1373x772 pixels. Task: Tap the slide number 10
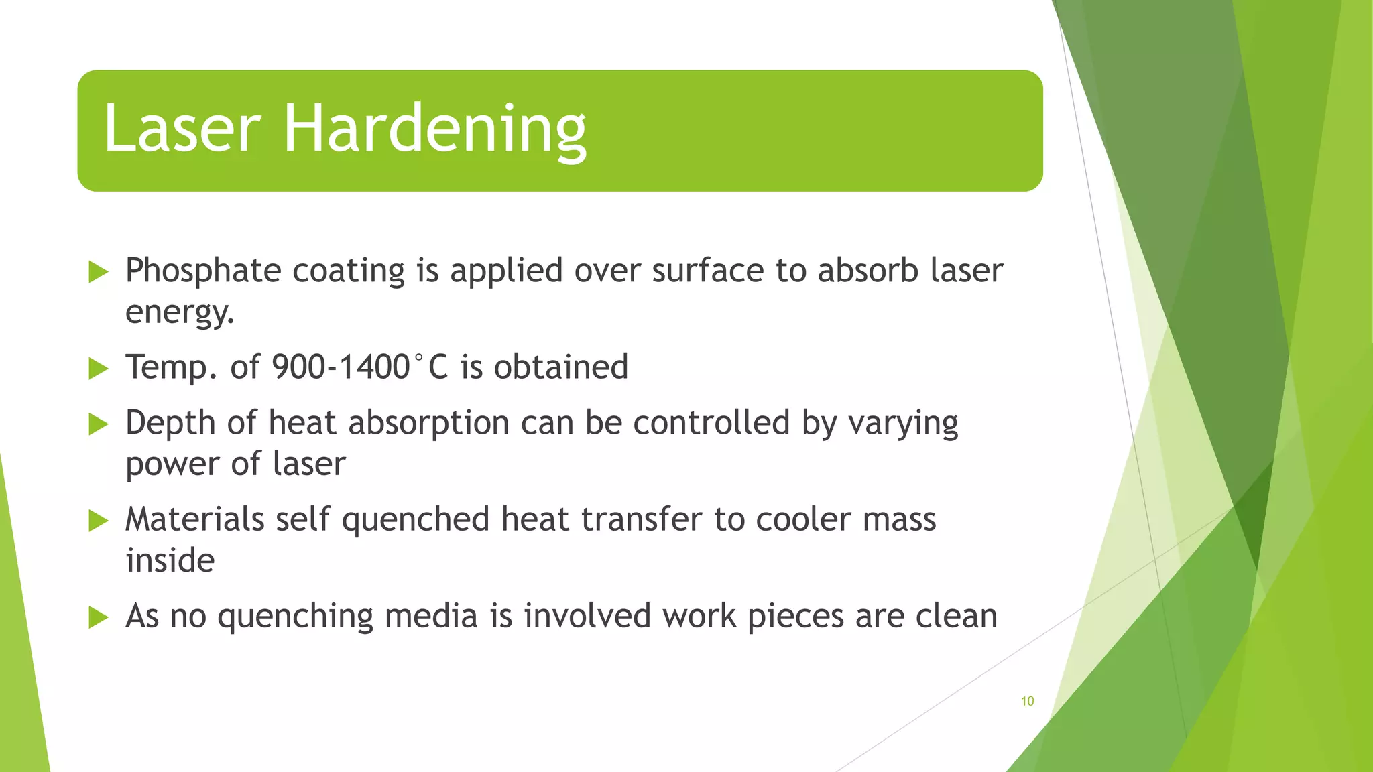click(1027, 701)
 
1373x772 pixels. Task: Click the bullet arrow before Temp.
click(99, 368)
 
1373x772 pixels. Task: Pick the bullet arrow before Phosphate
click(99, 272)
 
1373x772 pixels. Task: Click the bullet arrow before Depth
click(99, 424)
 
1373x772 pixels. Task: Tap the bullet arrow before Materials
click(99, 520)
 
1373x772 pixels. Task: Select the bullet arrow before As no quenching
click(99, 617)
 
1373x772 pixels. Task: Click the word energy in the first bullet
click(179, 312)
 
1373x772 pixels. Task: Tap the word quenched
click(416, 520)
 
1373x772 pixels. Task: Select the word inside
click(170, 560)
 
